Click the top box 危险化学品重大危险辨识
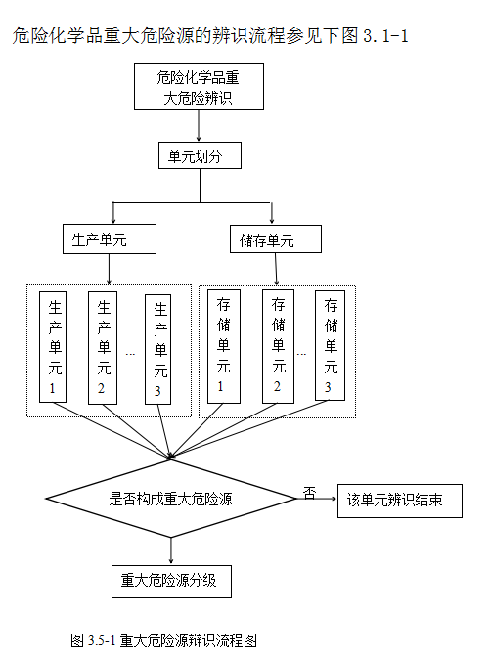pyautogui.click(x=200, y=87)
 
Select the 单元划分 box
pyautogui.click(x=200, y=155)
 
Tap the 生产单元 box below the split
pyautogui.click(x=105, y=239)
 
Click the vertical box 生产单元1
pyautogui.click(x=54, y=347)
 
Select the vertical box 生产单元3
pyautogui.click(x=160, y=347)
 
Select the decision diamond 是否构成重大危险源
pyautogui.click(x=171, y=499)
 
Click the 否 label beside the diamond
pyautogui.click(x=309, y=492)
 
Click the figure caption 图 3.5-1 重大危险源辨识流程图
pyautogui.click(x=163, y=640)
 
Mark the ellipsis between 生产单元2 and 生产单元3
pyautogui.click(x=131, y=354)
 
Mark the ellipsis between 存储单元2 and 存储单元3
pyautogui.click(x=302, y=353)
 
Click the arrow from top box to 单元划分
pyautogui.click(x=200, y=125)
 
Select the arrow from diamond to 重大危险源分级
pyautogui.click(x=171, y=549)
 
